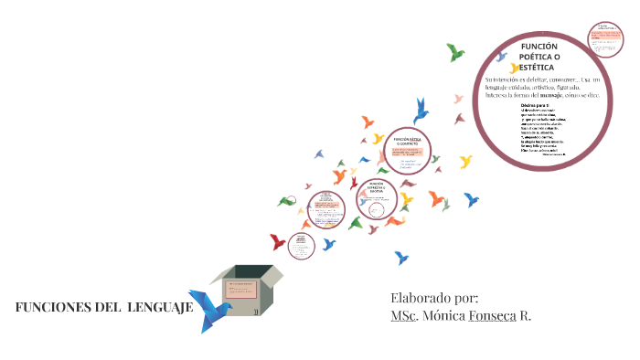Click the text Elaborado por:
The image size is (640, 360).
434,297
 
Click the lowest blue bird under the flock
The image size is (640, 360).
400,259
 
